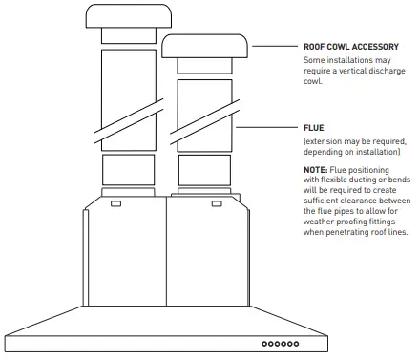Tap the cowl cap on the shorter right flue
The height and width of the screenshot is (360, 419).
(204, 48)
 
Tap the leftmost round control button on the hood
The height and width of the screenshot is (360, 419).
(264, 342)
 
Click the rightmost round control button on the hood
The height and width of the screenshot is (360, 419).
(297, 342)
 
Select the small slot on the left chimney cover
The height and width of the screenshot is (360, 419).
(115, 203)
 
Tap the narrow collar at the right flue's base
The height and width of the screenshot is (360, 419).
(203, 173)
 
